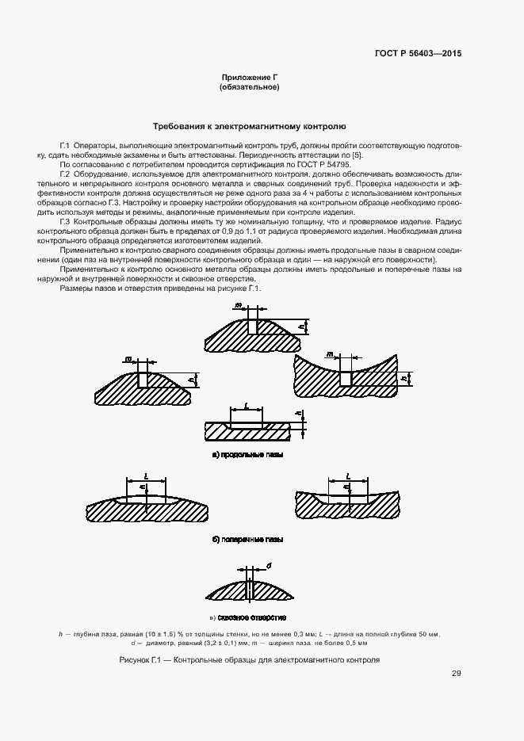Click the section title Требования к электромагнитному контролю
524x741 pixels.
(x=249, y=126)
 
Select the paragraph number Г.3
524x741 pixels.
(x=65, y=223)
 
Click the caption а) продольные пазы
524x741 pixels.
(x=248, y=455)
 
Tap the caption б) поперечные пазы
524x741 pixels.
(x=248, y=540)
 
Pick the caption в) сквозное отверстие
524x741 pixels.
(x=248, y=617)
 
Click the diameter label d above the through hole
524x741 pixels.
(x=270, y=566)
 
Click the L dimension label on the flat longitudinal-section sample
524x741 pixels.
(x=247, y=405)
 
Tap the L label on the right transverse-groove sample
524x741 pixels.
(x=349, y=477)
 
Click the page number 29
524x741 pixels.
(x=456, y=674)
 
